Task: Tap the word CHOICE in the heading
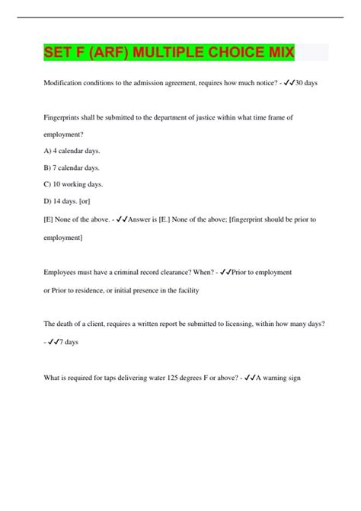[x=229, y=53]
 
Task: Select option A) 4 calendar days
[x=72, y=151]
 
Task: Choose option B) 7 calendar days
[x=72, y=168]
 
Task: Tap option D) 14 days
[x=62, y=201]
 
